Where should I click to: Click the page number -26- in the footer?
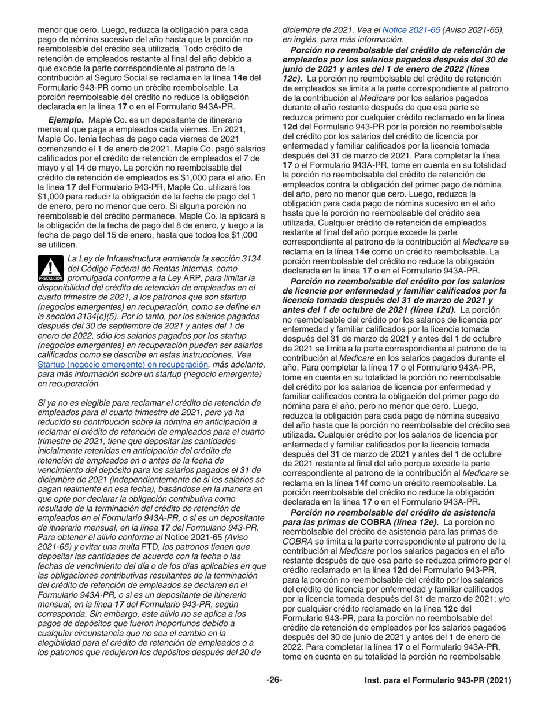274,680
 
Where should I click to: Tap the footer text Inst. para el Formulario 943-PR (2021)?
438,680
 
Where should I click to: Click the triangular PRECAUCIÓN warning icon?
50,269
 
